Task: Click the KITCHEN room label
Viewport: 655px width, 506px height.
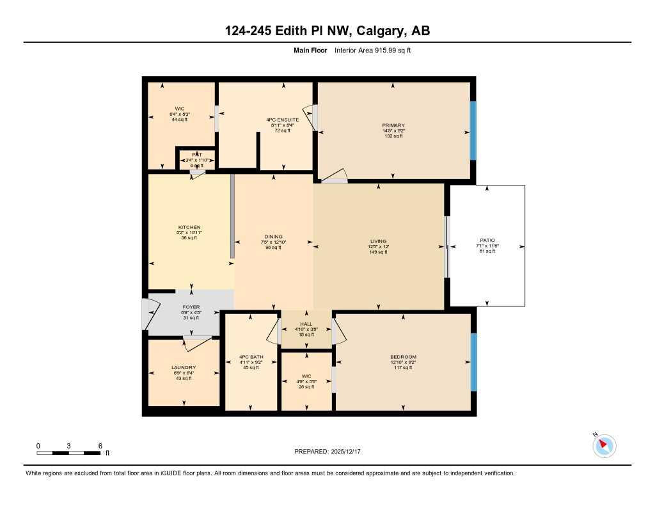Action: pos(189,227)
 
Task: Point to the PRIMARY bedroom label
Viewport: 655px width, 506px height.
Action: pos(393,125)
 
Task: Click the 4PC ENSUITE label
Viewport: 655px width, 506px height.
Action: pos(283,120)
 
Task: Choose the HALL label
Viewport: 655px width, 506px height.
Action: pos(306,324)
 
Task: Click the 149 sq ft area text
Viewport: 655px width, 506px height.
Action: pos(378,252)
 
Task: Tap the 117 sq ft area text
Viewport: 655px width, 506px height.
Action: pos(403,367)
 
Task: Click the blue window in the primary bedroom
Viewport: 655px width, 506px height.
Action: pos(473,130)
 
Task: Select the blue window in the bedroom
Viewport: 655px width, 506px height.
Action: pos(473,362)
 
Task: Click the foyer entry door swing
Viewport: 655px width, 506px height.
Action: pos(151,313)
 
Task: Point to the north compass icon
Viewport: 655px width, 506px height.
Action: pos(604,446)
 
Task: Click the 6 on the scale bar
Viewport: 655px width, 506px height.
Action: pos(100,446)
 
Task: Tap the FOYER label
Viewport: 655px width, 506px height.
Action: pos(191,307)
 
